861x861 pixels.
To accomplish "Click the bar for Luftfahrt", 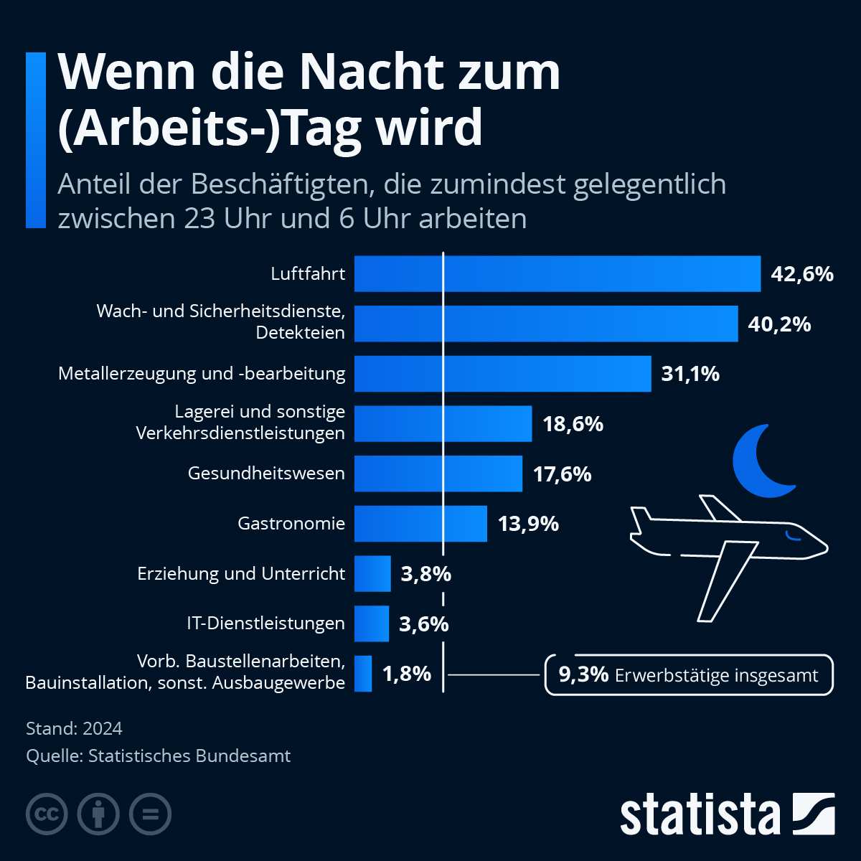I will point(557,273).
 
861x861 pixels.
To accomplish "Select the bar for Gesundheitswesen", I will point(438,474).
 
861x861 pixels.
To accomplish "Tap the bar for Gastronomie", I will point(420,523).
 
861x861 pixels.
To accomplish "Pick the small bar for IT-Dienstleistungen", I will point(372,624).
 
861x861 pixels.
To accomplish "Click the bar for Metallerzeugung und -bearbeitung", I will point(502,374).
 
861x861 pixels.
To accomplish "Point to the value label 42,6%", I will point(801,273).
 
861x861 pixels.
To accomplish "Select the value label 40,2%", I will point(779,324).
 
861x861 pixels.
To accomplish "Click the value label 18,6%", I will point(573,424).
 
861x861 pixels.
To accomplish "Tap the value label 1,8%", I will point(406,674).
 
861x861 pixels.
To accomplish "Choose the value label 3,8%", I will point(425,574).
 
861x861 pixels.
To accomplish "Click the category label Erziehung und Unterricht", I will point(241,574).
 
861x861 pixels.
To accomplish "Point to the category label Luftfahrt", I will point(308,273).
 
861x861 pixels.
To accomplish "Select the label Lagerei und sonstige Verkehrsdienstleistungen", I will point(240,423).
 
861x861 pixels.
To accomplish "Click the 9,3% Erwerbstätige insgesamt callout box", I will point(689,675).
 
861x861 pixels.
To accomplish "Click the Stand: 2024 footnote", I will point(74,728).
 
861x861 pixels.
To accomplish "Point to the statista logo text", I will point(700,814).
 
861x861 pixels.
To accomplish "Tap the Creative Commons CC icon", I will point(47,814).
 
